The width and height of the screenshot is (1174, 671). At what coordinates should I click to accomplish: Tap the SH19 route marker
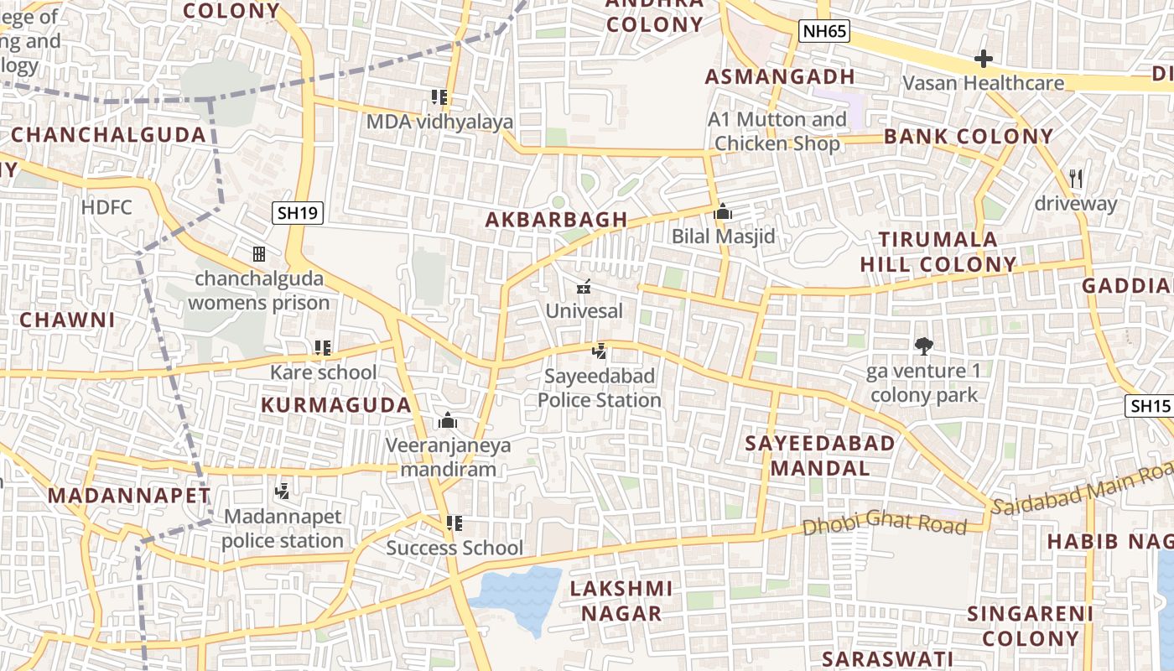298,213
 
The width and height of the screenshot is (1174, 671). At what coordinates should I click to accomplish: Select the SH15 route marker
1149,407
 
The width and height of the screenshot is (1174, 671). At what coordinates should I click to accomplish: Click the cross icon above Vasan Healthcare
984,59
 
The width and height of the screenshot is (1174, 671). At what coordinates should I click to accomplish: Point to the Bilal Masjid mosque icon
723,211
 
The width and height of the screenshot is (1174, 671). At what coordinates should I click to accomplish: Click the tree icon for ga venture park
924,345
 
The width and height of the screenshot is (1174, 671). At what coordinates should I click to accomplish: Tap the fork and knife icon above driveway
1077,178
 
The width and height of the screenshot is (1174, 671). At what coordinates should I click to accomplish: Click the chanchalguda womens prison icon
259,253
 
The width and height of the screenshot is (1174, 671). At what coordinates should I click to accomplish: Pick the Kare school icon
323,347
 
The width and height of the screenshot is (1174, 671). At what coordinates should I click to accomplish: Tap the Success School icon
455,523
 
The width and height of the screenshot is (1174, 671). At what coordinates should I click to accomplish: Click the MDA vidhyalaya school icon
439,97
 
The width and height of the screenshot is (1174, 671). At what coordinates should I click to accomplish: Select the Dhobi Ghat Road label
885,524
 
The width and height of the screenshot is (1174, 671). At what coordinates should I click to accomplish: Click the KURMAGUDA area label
336,405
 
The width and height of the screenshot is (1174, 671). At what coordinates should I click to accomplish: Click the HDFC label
106,206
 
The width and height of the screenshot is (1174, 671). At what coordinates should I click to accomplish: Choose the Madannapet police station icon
283,491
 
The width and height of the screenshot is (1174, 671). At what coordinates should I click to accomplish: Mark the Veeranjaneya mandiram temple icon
448,420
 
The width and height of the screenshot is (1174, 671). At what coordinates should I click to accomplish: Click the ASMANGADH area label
780,77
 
